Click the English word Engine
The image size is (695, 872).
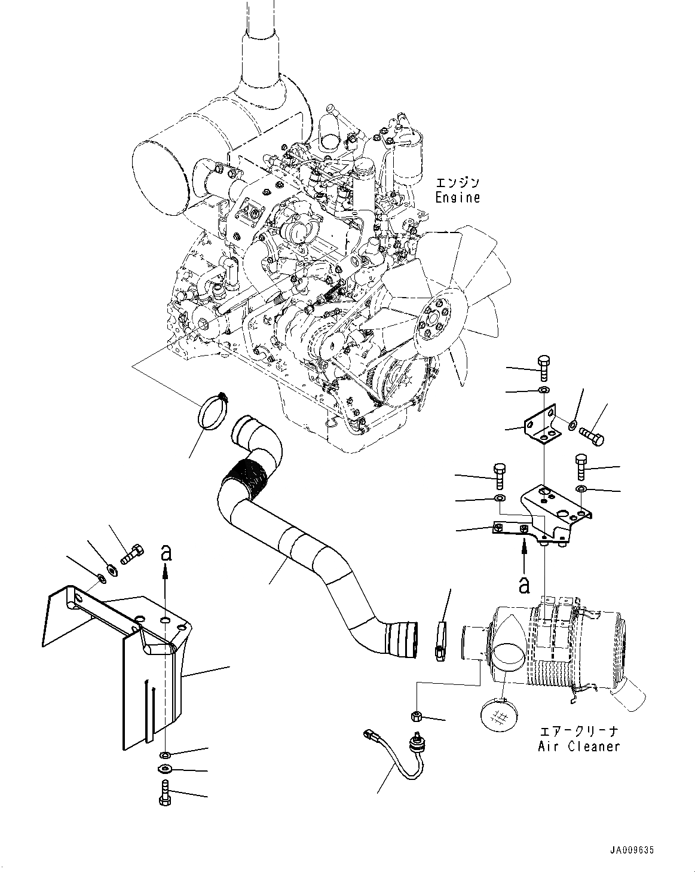457,198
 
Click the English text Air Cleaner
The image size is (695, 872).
579,746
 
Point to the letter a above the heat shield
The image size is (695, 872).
166,553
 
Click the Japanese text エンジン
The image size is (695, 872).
457,183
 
